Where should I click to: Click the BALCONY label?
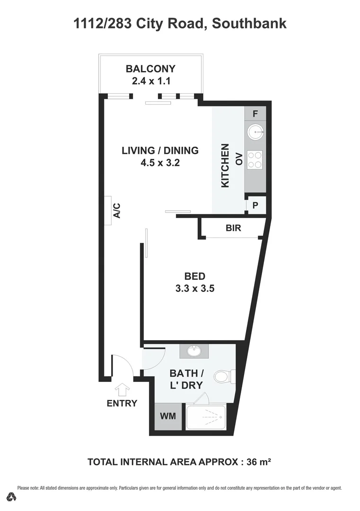tap(150, 69)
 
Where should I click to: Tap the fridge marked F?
tap(255, 114)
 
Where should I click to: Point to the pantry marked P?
tap(255, 205)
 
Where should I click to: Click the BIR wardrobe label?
tap(233, 228)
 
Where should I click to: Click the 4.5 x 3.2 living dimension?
tap(160, 163)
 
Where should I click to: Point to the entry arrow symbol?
tap(122, 389)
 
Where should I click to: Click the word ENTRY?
tap(122, 404)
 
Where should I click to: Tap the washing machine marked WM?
tap(168, 416)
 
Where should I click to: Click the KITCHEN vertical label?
tap(226, 166)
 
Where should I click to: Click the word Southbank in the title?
tap(249, 23)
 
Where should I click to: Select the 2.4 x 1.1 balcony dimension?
tap(150, 81)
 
